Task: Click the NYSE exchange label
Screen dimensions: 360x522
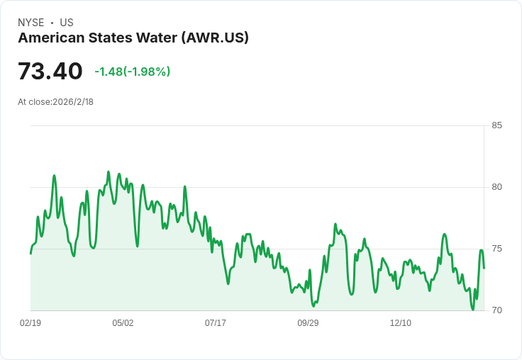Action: pos(30,23)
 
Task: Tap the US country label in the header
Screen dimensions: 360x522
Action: pos(67,23)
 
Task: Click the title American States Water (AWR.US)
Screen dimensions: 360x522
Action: pos(133,38)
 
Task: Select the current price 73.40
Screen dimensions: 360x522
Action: pos(50,71)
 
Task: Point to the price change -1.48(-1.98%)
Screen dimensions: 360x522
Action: pos(133,72)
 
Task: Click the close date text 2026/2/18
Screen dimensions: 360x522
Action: pos(73,102)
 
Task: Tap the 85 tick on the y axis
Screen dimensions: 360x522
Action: pos(496,125)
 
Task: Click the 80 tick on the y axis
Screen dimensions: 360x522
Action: pos(496,187)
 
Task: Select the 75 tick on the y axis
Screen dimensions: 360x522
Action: pos(496,249)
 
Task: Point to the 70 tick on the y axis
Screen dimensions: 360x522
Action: pos(496,310)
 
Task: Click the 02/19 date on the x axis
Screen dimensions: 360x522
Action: pos(30,323)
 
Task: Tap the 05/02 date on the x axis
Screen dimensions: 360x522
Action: pos(123,323)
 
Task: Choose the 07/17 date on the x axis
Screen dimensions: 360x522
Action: pos(216,323)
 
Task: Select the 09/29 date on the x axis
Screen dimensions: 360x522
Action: pos(308,323)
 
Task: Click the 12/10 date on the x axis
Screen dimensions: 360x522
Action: pos(401,323)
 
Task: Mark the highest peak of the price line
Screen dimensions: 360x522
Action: pos(108,171)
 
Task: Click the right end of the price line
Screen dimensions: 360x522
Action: pos(484,268)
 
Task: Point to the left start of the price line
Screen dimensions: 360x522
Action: pos(30,253)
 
